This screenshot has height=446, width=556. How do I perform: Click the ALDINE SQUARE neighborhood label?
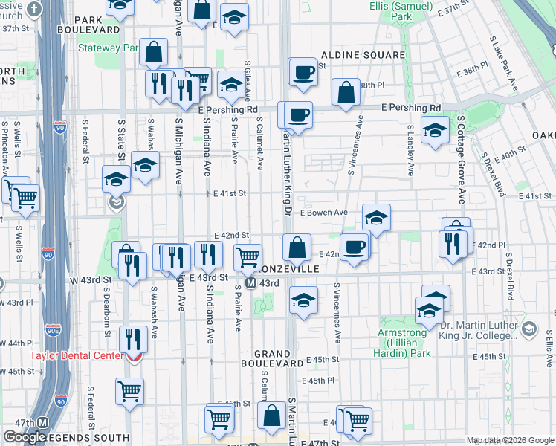click(363, 55)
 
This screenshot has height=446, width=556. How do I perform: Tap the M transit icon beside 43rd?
click(251, 283)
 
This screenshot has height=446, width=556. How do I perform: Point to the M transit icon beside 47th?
click(43, 423)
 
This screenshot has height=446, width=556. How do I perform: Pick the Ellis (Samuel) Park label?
click(401, 10)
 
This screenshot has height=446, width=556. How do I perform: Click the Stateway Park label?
click(109, 48)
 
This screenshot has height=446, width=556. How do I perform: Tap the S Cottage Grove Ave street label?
click(461, 159)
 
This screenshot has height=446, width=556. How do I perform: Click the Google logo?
click(25, 437)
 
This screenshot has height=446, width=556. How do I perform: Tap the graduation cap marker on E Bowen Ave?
click(377, 217)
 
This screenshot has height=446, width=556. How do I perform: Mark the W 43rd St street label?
click(90, 280)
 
